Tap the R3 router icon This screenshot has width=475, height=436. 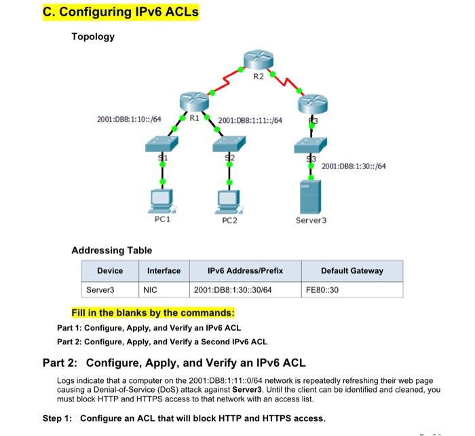[313, 103]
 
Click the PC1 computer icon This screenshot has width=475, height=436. [161, 199]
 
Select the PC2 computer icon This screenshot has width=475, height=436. [228, 199]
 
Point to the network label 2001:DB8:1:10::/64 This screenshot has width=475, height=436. [128, 120]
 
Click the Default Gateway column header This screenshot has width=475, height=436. [351, 271]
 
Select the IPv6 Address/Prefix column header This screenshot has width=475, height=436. [245, 271]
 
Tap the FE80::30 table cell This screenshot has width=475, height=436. [322, 290]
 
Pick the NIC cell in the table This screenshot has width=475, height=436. [151, 290]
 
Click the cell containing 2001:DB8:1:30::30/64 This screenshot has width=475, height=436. [233, 290]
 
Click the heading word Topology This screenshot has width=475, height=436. [93, 37]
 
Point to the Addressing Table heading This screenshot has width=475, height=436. [112, 251]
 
